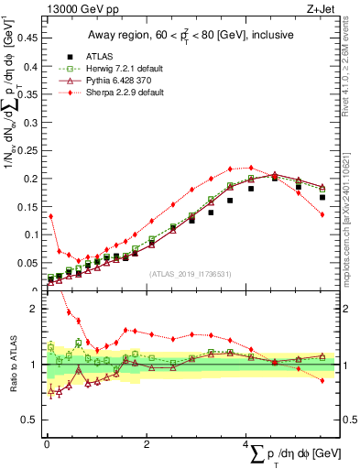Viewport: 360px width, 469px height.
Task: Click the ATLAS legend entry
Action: coord(99,56)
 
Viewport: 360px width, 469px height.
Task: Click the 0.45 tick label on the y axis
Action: coord(27,38)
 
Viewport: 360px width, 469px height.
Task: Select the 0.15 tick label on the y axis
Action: coord(27,206)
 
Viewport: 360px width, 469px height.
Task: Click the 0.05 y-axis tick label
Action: coord(27,263)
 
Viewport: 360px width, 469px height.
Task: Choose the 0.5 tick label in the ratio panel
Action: coord(30,420)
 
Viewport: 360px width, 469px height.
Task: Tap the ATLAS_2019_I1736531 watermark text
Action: coord(191,273)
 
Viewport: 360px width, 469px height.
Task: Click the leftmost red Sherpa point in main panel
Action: coord(51,216)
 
